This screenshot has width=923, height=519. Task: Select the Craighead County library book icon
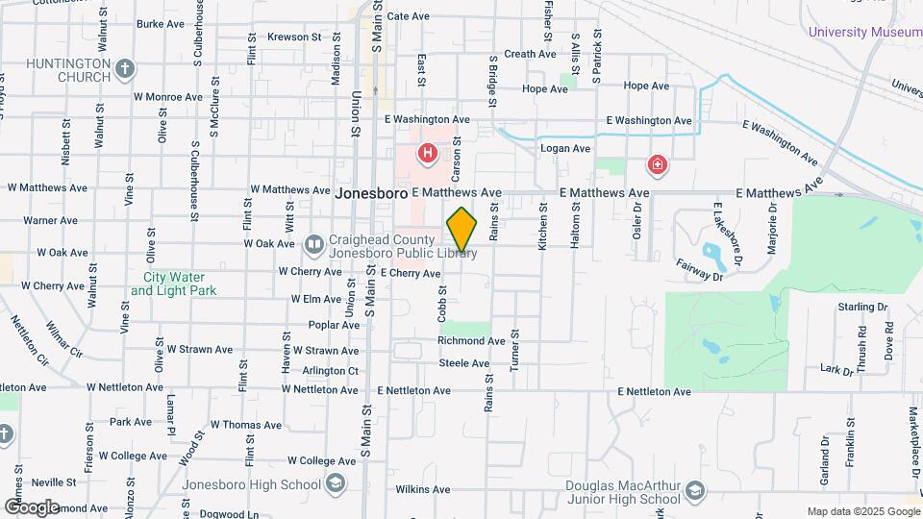[x=313, y=245]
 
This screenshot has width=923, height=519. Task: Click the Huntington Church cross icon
[x=125, y=68]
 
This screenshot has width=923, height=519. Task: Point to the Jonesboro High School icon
[x=335, y=484]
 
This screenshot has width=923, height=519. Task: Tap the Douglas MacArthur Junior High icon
[x=694, y=493]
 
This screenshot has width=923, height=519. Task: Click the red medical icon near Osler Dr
[x=658, y=164]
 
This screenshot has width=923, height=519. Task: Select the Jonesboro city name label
[x=371, y=193]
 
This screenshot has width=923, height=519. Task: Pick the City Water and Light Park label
[x=173, y=284]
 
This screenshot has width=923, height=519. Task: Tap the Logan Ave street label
[x=565, y=149]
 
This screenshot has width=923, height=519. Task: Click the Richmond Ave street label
[x=471, y=341]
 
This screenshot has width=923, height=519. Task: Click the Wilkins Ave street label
[x=423, y=489]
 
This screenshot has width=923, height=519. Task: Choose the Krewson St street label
[x=293, y=37]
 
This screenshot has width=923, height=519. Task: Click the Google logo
[x=32, y=507]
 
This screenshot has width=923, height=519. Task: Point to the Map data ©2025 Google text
[x=862, y=511]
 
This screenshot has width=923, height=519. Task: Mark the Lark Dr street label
[x=837, y=368]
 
